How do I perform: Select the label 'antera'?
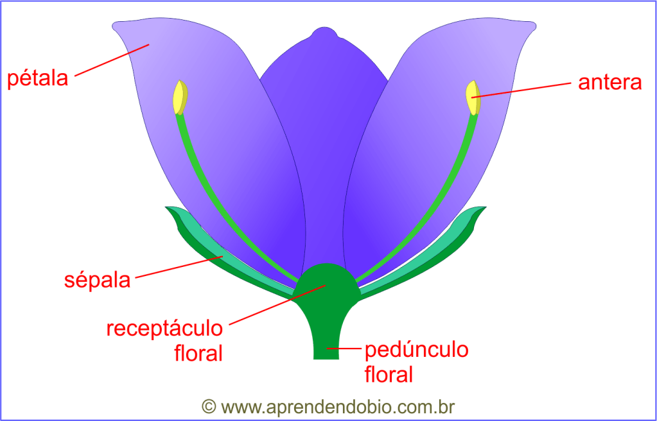[609, 83]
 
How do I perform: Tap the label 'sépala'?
[98, 280]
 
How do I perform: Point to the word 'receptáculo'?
[164, 329]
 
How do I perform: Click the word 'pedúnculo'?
[416, 350]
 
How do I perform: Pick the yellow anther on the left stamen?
[180, 98]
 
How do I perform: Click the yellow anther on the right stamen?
[473, 98]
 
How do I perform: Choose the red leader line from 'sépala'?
[180, 268]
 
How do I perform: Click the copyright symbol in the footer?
[208, 406]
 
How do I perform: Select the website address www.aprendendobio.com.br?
[338, 407]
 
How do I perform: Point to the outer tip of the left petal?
[116, 26]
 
